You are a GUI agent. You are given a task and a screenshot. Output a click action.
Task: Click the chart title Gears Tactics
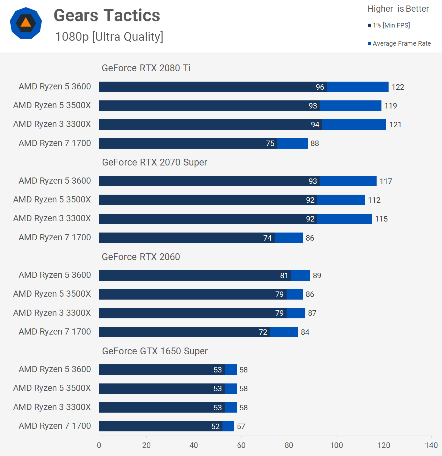click(107, 16)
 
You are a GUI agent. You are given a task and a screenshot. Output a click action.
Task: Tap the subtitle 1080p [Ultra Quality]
click(109, 37)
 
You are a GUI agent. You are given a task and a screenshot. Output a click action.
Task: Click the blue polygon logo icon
click(26, 23)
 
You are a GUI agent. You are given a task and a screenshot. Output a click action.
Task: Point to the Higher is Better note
click(398, 9)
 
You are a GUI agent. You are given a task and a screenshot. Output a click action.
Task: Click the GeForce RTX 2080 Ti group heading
click(146, 68)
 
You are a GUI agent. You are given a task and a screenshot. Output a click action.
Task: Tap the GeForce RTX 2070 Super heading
click(154, 162)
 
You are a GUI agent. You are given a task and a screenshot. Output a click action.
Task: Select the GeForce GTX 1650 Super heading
click(155, 351)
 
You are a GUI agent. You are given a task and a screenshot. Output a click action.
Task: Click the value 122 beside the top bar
click(398, 87)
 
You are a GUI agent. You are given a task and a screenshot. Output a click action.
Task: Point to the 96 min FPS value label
click(320, 87)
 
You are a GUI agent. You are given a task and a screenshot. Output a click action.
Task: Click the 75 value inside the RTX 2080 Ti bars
click(270, 143)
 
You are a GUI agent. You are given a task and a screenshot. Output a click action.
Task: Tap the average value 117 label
click(386, 181)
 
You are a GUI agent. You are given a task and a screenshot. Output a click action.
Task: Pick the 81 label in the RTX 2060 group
click(284, 276)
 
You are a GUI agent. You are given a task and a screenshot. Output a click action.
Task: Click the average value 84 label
click(305, 332)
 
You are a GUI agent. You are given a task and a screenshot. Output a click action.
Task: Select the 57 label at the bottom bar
click(241, 427)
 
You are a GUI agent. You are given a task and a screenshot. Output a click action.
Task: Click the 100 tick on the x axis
click(336, 445)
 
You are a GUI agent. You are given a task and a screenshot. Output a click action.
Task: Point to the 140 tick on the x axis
click(431, 445)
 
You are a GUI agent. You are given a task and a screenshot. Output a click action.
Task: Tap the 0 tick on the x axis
click(99, 445)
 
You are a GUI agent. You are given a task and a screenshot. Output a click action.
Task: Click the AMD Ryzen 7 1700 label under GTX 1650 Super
click(55, 426)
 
